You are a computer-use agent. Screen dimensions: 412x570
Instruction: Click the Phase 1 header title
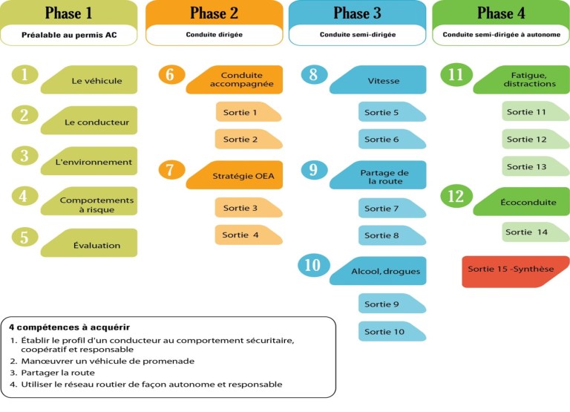pos(69,13)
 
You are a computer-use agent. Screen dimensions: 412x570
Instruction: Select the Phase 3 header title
pos(357,13)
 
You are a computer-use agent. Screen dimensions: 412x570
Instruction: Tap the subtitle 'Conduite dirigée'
pos(214,34)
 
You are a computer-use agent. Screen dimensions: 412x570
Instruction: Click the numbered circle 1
pos(24,74)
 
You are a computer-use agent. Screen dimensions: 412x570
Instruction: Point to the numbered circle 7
pos(171,169)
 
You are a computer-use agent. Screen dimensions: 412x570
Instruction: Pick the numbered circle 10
pos(313,265)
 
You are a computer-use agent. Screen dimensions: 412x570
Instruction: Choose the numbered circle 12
pos(456,196)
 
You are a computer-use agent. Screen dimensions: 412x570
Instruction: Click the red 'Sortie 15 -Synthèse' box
pos(514,270)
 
